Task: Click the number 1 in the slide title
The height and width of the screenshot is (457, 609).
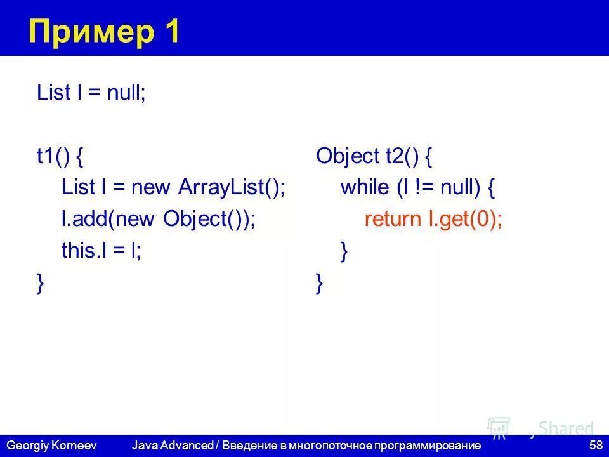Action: [171, 31]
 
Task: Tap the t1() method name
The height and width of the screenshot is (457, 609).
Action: [53, 157]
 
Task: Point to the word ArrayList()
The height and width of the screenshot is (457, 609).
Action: [232, 187]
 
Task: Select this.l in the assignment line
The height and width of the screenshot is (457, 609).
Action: [83, 251]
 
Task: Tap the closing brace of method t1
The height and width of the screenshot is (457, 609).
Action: [41, 283]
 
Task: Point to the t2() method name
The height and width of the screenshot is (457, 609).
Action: [403, 157]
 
